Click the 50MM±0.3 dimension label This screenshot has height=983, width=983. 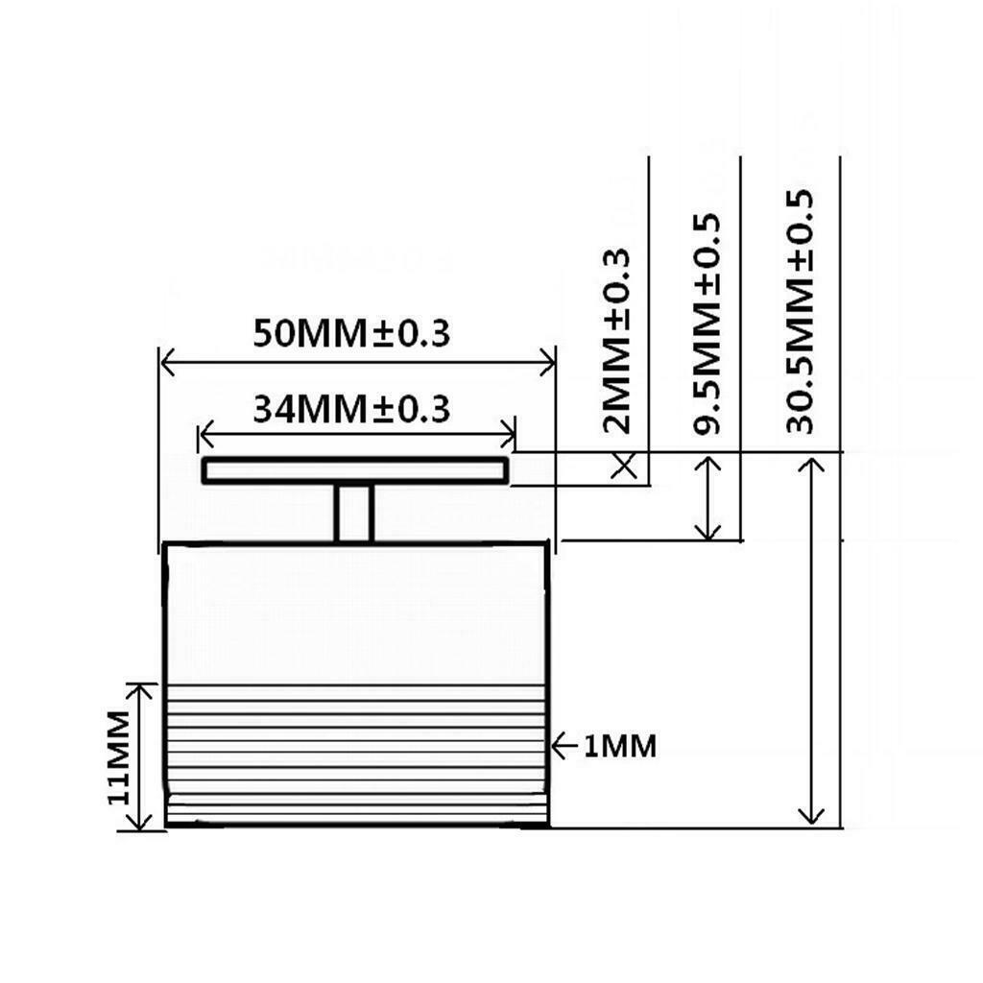pyautogui.click(x=351, y=334)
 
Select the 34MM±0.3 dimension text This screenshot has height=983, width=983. pyautogui.click(x=351, y=410)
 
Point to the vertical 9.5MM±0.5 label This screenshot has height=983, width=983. pyautogui.click(x=707, y=324)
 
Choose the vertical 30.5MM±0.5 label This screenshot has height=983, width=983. pyautogui.click(x=800, y=312)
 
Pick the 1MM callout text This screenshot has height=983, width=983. pyautogui.click(x=620, y=746)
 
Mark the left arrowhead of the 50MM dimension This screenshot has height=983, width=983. pyautogui.click(x=165, y=363)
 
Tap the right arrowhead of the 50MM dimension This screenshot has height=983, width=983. pyautogui.click(x=550, y=363)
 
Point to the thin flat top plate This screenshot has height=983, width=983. pyautogui.click(x=354, y=471)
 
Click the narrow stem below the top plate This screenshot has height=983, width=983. pyautogui.click(x=354, y=513)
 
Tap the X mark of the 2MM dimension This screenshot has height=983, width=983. pyautogui.click(x=626, y=468)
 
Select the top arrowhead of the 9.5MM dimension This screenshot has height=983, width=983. pyautogui.click(x=710, y=462)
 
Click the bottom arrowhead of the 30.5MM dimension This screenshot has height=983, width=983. pyautogui.click(x=812, y=818)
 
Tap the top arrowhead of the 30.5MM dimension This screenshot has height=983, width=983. pyautogui.click(x=812, y=464)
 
